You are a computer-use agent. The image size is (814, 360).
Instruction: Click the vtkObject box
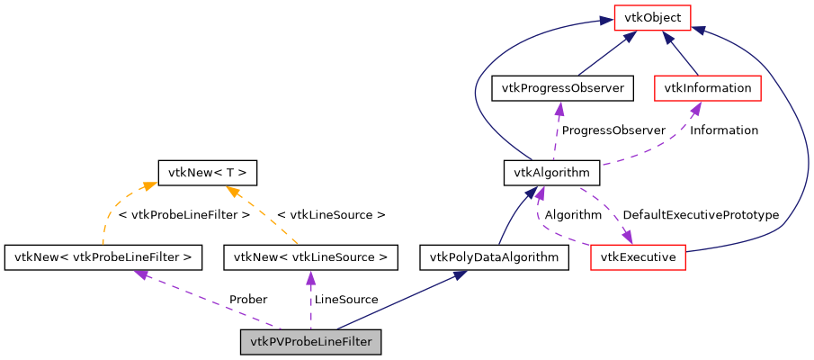(652, 17)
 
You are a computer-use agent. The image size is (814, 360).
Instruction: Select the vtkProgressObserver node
(563, 87)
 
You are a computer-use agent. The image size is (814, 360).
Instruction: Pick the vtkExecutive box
(639, 258)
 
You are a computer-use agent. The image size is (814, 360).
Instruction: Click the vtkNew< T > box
(208, 172)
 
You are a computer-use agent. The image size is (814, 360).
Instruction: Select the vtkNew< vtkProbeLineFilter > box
(103, 258)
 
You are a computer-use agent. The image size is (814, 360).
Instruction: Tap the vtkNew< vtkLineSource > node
(310, 258)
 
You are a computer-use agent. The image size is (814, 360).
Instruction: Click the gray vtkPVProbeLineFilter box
(311, 342)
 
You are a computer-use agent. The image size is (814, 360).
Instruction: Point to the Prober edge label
(247, 299)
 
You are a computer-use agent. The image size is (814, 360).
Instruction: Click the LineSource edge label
(345, 299)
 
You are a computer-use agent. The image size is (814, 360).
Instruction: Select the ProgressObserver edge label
(613, 130)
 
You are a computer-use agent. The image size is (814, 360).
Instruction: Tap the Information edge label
(723, 130)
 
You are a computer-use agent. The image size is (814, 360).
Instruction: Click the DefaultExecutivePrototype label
(701, 215)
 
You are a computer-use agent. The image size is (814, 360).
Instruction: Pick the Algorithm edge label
(573, 215)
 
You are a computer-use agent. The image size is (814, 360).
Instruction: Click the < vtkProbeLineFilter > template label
(183, 215)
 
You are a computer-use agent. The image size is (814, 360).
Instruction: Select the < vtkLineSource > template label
(331, 215)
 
